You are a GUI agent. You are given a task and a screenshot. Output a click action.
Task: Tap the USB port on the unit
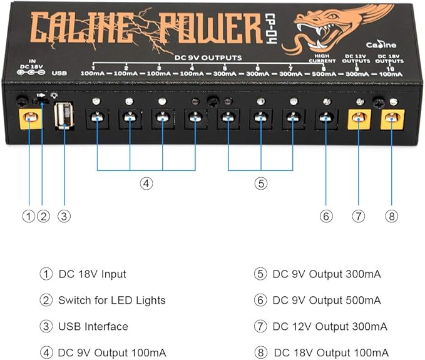(63, 116)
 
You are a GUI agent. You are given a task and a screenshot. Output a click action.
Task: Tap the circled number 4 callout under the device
(146, 183)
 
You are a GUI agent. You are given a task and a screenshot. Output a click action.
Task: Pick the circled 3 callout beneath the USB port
(63, 216)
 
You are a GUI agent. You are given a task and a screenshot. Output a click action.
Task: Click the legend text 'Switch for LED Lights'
(111, 300)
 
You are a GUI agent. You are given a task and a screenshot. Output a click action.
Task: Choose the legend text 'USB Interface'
(93, 326)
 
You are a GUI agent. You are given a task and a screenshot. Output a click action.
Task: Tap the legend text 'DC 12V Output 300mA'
(330, 326)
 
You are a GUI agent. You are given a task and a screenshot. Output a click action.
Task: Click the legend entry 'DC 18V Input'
(92, 274)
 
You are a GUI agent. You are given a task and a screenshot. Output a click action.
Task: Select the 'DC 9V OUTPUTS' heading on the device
(209, 57)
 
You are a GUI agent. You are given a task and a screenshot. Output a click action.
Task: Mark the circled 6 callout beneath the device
(325, 216)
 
